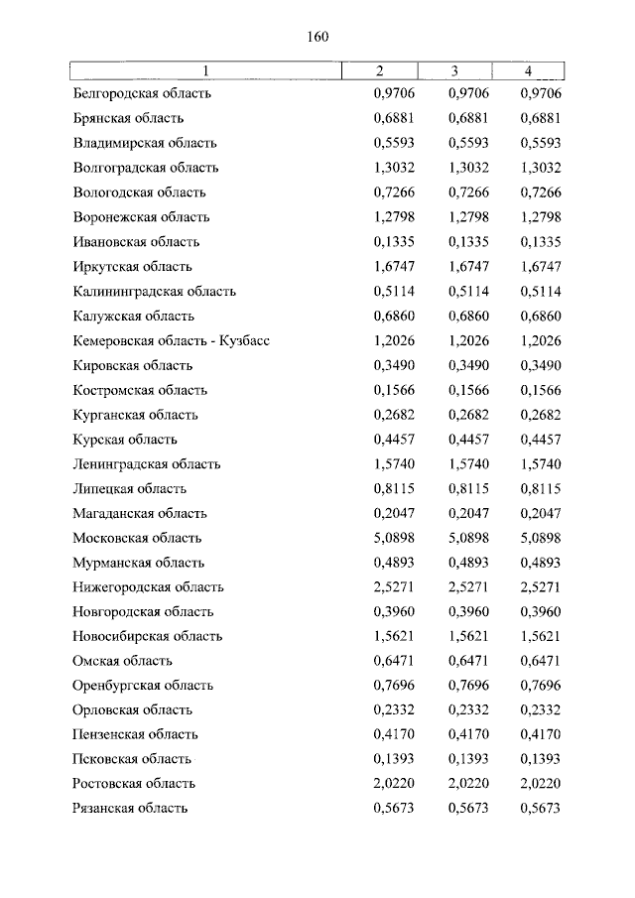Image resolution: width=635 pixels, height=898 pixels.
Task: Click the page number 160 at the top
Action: click(317, 37)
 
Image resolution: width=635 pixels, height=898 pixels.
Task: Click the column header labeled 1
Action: click(205, 70)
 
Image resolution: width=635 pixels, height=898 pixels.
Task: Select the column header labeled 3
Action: click(454, 70)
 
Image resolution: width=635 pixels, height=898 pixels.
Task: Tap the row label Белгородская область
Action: click(142, 94)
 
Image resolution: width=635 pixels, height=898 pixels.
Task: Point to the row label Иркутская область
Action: click(133, 267)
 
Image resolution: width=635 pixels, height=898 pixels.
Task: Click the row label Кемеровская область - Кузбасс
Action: click(172, 341)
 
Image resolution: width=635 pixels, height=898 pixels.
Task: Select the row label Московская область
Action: click(137, 539)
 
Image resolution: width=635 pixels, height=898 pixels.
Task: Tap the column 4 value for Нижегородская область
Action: click(541, 587)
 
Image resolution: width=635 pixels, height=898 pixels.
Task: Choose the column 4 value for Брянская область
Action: click(541, 119)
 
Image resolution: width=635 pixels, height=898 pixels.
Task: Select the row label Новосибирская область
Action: click(147, 637)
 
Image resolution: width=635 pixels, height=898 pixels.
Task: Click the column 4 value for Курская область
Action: click(541, 440)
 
